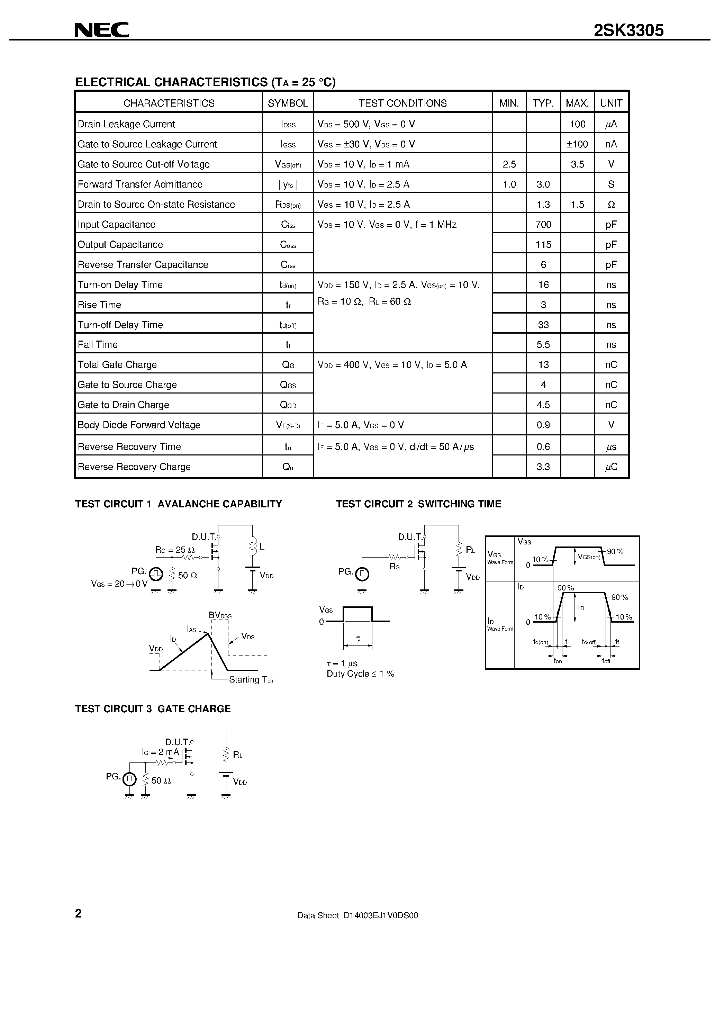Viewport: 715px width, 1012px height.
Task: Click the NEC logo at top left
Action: (x=101, y=30)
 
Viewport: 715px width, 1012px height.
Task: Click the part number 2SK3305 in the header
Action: (x=628, y=30)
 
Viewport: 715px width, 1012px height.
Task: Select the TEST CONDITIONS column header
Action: (x=402, y=103)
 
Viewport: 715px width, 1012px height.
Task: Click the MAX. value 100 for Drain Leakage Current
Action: (x=577, y=124)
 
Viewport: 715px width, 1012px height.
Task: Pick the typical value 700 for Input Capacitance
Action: (x=543, y=225)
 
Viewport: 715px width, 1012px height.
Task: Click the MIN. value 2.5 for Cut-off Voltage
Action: (x=509, y=164)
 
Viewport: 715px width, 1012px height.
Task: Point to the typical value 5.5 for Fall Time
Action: (x=543, y=345)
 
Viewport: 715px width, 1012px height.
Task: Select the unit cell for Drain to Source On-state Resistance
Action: (x=611, y=205)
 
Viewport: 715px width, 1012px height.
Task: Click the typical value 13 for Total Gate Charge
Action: (x=543, y=365)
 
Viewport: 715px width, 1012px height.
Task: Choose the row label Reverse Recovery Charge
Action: (x=134, y=467)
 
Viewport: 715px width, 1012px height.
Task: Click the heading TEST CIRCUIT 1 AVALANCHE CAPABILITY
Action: (x=178, y=504)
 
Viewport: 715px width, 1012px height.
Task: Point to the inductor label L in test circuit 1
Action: (x=262, y=547)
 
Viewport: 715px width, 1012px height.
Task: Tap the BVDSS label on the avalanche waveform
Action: (x=220, y=615)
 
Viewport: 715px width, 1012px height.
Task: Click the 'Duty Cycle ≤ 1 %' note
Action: (x=360, y=674)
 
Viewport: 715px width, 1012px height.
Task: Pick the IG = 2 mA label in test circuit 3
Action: (x=161, y=752)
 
